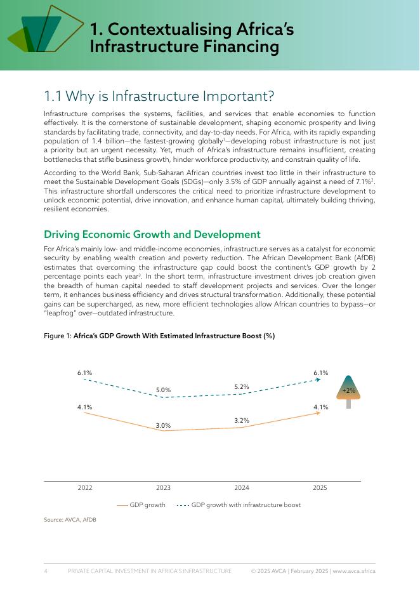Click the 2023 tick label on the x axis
pos(163,488)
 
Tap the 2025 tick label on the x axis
pos(320,488)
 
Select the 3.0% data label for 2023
pos(163,425)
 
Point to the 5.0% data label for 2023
pos(163,390)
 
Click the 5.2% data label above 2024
pos(242,386)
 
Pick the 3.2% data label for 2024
pos(242,420)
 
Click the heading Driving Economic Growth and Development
pos(152,235)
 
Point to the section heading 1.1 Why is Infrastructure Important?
pos(159,96)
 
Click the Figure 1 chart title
pos(159,336)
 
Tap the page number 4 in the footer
pos(46,571)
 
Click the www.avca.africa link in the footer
pos(354,571)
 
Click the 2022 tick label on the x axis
pos(85,488)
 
